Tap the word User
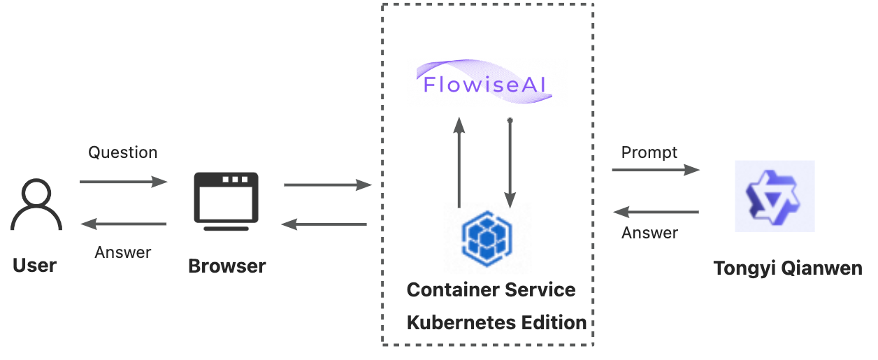click(35, 266)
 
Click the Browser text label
click(227, 266)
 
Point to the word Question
click(122, 152)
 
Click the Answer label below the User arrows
click(123, 252)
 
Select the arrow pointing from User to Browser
click(124, 182)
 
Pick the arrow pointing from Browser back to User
click(124, 224)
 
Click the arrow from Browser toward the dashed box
click(327, 185)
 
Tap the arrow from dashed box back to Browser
click(324, 224)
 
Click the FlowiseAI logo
click(487, 83)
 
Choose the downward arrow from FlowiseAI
click(510, 163)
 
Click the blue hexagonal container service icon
click(487, 237)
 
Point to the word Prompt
click(649, 152)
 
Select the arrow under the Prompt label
click(656, 170)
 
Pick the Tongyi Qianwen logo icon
click(774, 196)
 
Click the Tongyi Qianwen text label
click(787, 268)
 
